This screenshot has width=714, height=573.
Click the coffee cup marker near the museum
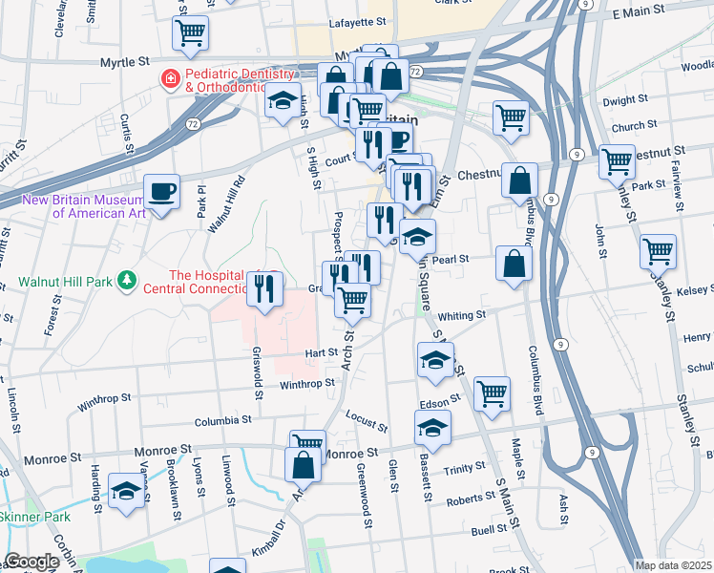point(161,191)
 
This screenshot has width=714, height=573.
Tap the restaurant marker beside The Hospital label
point(264,288)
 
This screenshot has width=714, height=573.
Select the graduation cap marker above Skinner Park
point(125,491)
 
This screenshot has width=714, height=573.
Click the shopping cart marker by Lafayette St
point(190,33)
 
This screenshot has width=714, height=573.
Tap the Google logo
point(31,562)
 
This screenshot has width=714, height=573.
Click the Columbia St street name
point(222,419)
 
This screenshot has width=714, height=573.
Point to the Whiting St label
point(462,315)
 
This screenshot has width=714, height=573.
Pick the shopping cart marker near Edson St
point(492,393)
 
